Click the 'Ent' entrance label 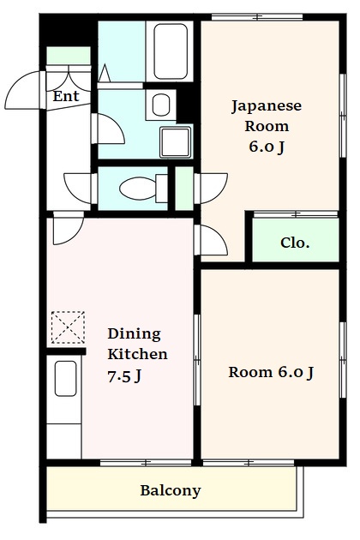[66, 96]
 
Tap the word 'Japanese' [267, 106]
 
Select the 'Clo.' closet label [295, 243]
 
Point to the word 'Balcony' [171, 490]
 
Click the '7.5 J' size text [124, 376]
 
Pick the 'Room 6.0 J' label [271, 372]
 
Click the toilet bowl [138, 188]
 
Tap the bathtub [171, 51]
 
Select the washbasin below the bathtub [161, 105]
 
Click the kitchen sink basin [65, 379]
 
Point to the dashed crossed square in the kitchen [68, 327]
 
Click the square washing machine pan [176, 142]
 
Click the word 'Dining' [134, 333]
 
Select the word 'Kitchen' [137, 354]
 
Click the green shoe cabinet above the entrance [69, 56]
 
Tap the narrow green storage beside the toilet [184, 189]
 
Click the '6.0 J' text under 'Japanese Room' [267, 147]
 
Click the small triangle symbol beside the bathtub [105, 73]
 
